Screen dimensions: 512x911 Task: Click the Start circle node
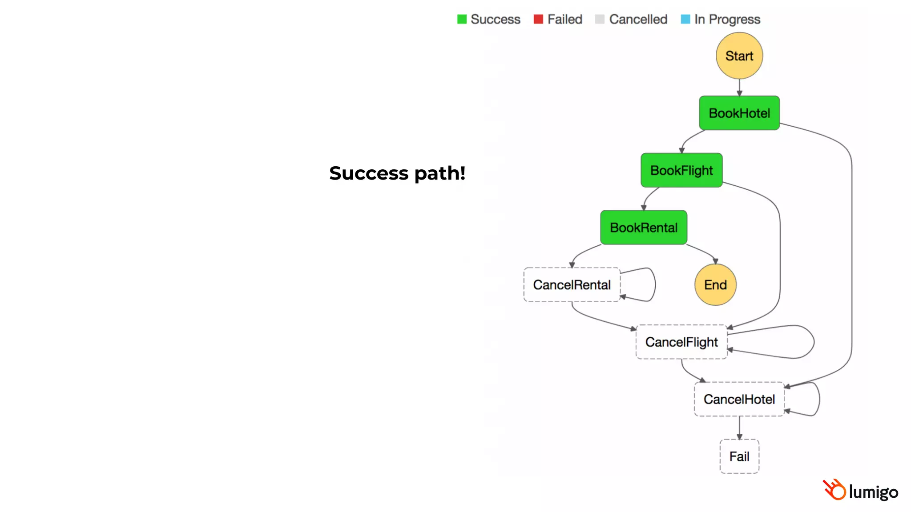click(739, 56)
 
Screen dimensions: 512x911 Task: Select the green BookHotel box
click(739, 113)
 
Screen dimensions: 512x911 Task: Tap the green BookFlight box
click(681, 170)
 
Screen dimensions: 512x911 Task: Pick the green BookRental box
click(643, 228)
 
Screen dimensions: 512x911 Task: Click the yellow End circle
click(715, 285)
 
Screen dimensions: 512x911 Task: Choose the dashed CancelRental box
click(572, 285)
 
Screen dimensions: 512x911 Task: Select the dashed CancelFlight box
click(681, 342)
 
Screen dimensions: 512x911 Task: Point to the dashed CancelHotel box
click(739, 399)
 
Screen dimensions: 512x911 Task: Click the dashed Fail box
click(739, 456)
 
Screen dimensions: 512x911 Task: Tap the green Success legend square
click(462, 19)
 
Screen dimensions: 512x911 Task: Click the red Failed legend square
click(538, 19)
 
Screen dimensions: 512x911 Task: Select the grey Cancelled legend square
click(600, 19)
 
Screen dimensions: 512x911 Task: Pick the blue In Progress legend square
click(685, 19)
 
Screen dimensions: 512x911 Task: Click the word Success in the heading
click(368, 173)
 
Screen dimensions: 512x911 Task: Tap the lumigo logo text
click(873, 492)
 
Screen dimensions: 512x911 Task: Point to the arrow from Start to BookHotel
click(739, 88)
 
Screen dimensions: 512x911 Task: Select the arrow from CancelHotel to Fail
click(739, 428)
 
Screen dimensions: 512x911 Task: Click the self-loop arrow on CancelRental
click(654, 284)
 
